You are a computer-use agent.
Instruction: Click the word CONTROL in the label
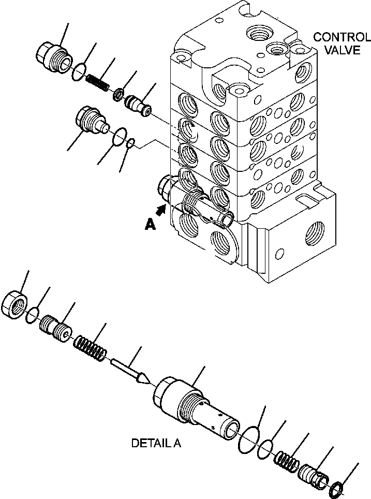coord(342,37)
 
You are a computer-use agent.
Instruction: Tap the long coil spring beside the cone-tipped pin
coord(91,347)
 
